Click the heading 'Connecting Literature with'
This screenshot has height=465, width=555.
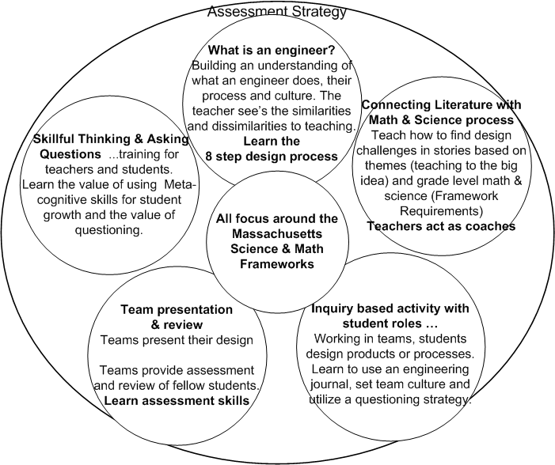[x=440, y=104]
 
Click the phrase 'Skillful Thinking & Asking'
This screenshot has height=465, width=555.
[x=111, y=139]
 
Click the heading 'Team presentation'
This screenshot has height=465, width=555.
[x=166, y=309]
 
